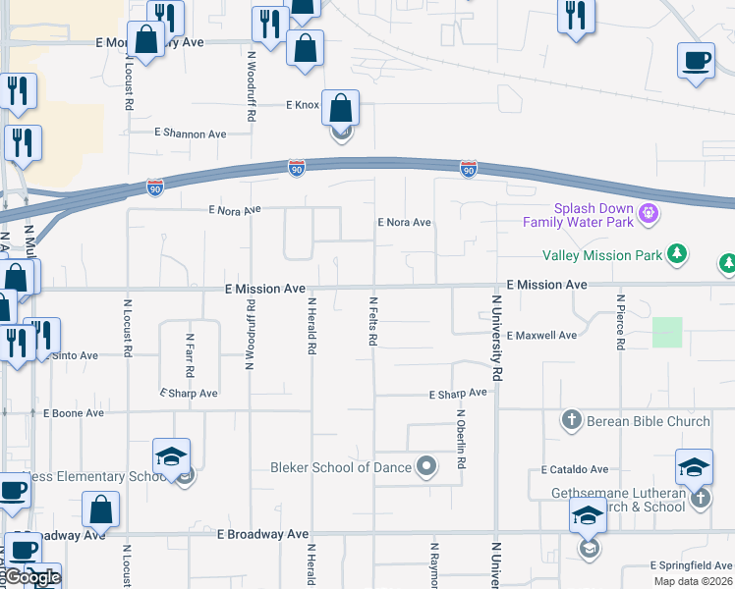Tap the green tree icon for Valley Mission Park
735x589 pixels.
pos(676,254)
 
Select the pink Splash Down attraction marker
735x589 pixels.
pos(648,211)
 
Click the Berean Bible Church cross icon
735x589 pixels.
pos(571,421)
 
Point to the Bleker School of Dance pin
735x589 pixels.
pos(425,467)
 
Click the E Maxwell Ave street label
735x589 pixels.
pos(542,336)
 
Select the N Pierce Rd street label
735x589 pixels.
pos(621,322)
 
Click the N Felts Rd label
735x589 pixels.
pos(373,321)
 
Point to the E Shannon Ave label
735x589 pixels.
pos(191,134)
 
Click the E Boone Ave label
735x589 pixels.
pos(71,413)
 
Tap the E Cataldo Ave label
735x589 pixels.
pos(575,470)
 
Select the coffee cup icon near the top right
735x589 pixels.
pos(696,61)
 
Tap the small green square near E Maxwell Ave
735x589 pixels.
pos(667,332)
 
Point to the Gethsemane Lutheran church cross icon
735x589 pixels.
pos(700,499)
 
